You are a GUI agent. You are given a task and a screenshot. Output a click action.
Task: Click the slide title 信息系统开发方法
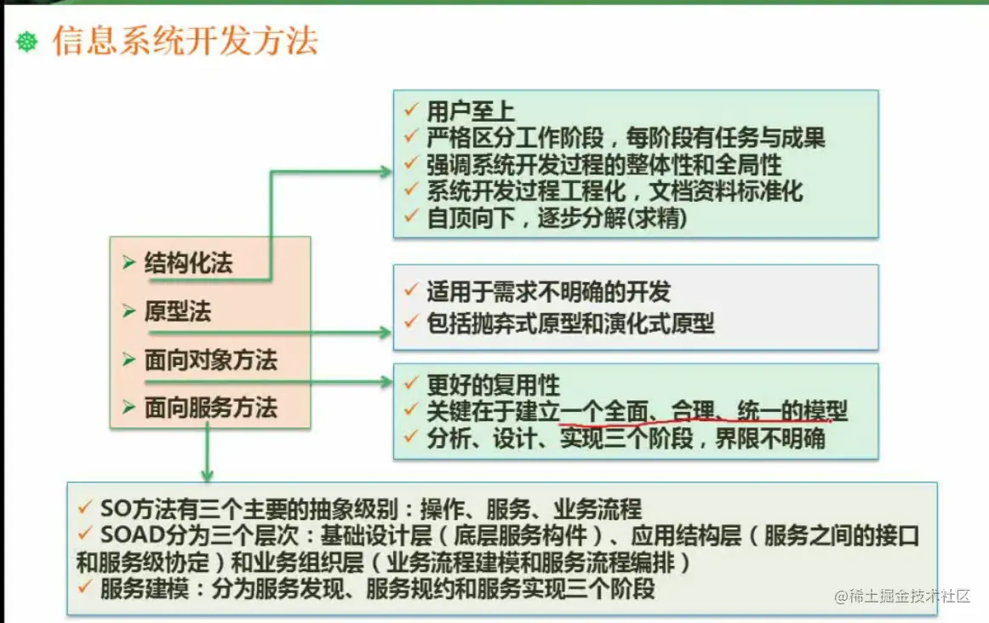coord(185,41)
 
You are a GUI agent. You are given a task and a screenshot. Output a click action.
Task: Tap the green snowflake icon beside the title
coord(26,43)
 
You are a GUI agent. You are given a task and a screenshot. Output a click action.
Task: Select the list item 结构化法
coord(189,262)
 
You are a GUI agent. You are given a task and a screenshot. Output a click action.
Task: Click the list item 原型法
coord(178,311)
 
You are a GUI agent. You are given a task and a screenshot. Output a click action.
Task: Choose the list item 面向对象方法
coord(211,360)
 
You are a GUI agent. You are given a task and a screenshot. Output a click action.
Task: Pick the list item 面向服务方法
coord(211,408)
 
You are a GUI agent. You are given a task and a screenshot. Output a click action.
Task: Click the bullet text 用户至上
coord(471,111)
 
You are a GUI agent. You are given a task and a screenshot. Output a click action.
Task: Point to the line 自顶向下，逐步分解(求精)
coord(557,218)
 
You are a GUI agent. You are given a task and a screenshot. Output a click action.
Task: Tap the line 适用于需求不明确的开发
coord(548,292)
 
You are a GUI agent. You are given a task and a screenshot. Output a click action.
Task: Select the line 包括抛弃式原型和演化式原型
coord(570,323)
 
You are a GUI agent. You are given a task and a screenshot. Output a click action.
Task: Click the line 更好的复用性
coord(494,384)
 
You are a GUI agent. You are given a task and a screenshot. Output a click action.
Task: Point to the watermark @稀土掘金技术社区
coord(902,596)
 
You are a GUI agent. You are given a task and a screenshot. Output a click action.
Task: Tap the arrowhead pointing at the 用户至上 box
coord(385,172)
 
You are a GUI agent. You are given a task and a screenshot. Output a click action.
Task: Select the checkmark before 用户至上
coord(410,110)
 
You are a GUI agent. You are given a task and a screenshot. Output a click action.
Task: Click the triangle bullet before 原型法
coord(129,311)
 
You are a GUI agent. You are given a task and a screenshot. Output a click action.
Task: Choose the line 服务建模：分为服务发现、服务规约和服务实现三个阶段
coord(377,589)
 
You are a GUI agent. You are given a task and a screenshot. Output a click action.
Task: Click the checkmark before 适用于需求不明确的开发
coord(410,289)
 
